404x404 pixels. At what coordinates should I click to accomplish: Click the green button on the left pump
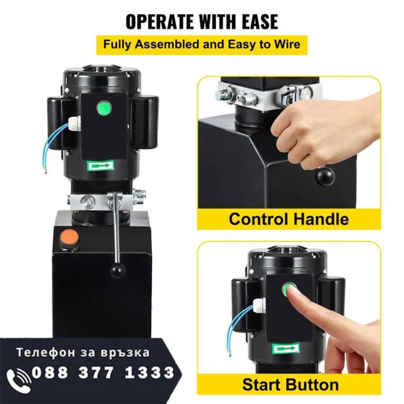(x=104, y=108)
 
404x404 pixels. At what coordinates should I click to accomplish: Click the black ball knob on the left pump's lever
(x=118, y=270)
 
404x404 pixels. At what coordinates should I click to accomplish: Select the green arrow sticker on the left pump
(x=100, y=165)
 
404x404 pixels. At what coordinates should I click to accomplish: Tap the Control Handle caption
(x=289, y=219)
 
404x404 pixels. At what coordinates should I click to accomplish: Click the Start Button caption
(x=290, y=384)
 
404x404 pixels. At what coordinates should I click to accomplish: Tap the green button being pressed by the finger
(x=289, y=288)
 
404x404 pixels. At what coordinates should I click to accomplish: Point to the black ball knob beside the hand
(x=325, y=176)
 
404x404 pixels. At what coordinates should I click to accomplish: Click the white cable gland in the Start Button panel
(x=259, y=306)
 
